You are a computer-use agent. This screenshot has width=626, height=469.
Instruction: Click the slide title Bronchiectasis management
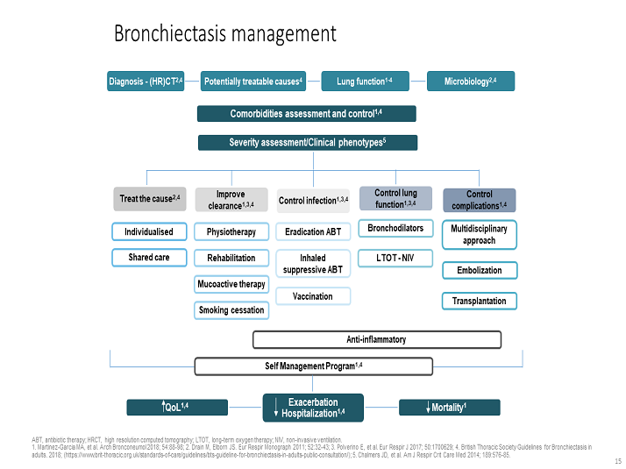pos(224,34)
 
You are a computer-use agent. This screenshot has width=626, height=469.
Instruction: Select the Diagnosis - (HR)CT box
pos(146,82)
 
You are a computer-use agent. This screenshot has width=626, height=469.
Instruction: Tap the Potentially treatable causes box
pos(254,82)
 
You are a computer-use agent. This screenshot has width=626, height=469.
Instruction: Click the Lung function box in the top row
pos(364,82)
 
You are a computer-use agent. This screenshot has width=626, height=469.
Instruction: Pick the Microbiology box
pos(471,82)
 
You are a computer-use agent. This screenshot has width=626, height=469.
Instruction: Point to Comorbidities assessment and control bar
pos(306,113)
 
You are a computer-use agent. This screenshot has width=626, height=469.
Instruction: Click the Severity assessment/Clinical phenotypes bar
pos(306,142)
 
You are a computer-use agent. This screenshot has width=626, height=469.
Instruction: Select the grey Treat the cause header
pos(150,199)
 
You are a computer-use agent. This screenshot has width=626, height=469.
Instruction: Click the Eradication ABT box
pos(313,231)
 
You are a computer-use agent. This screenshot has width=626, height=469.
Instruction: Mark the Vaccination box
pos(313,296)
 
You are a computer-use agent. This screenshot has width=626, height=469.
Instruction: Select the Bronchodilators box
pos(395,228)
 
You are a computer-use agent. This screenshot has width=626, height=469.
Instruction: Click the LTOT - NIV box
pos(395,258)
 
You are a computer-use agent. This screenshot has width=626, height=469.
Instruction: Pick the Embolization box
pos(480,270)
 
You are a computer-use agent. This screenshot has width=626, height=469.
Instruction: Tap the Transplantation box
pos(480,301)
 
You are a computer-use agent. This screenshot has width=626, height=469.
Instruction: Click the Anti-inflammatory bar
pos(377,339)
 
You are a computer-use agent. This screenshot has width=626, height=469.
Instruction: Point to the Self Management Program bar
pos(314,365)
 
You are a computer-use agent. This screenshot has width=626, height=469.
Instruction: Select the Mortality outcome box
pos(449,408)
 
